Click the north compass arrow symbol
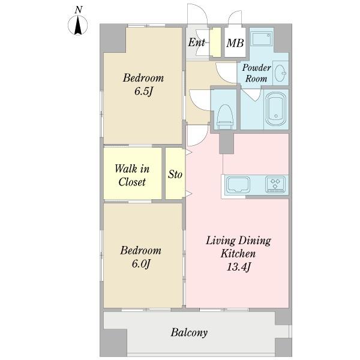click(x=78, y=25)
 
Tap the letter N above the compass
click(x=79, y=10)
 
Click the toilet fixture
click(x=225, y=117)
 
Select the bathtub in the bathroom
click(x=275, y=109)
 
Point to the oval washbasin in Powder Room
click(x=280, y=73)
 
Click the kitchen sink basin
click(x=238, y=185)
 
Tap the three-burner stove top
click(x=275, y=184)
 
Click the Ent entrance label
click(x=197, y=43)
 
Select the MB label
click(x=235, y=43)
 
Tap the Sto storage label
click(x=175, y=174)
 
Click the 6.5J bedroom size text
click(x=143, y=92)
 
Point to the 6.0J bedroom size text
click(x=141, y=264)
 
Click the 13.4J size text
click(x=238, y=267)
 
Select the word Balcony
click(x=189, y=332)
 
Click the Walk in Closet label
click(x=132, y=175)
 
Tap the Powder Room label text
click(x=256, y=73)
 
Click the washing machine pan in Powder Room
click(x=262, y=39)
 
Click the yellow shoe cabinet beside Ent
click(x=215, y=42)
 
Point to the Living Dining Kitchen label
click(x=238, y=247)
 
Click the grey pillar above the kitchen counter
click(x=226, y=143)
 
